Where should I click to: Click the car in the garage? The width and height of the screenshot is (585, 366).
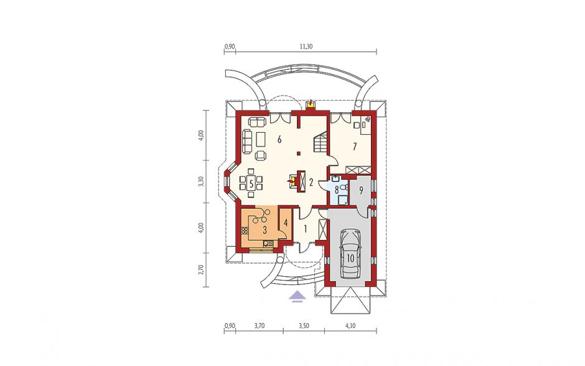[x=351, y=254]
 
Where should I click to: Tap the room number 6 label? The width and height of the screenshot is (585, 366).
[x=279, y=140]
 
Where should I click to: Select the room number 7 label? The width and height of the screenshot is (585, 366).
[x=355, y=146]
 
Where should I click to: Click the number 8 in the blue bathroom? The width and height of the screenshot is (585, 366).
[x=337, y=190]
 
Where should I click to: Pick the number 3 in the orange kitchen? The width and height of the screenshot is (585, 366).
[x=264, y=230]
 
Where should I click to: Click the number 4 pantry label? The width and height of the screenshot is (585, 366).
[x=286, y=223]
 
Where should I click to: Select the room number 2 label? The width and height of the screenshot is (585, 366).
[x=311, y=183]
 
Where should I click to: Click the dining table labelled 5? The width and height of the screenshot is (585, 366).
[x=251, y=183]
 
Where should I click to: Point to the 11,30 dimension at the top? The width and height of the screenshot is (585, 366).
[x=306, y=46]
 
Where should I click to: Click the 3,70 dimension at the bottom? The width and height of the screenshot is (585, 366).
[x=260, y=325]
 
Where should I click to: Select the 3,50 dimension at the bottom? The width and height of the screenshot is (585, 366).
[x=304, y=325]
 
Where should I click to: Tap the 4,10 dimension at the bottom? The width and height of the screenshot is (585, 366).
[x=350, y=325]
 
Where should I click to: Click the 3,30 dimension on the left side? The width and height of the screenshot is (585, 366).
[x=201, y=181]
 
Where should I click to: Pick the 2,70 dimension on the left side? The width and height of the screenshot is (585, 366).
[x=201, y=270]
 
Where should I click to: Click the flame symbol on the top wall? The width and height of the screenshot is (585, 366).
[x=310, y=103]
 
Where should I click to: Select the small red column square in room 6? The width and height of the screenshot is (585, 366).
[x=299, y=153]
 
